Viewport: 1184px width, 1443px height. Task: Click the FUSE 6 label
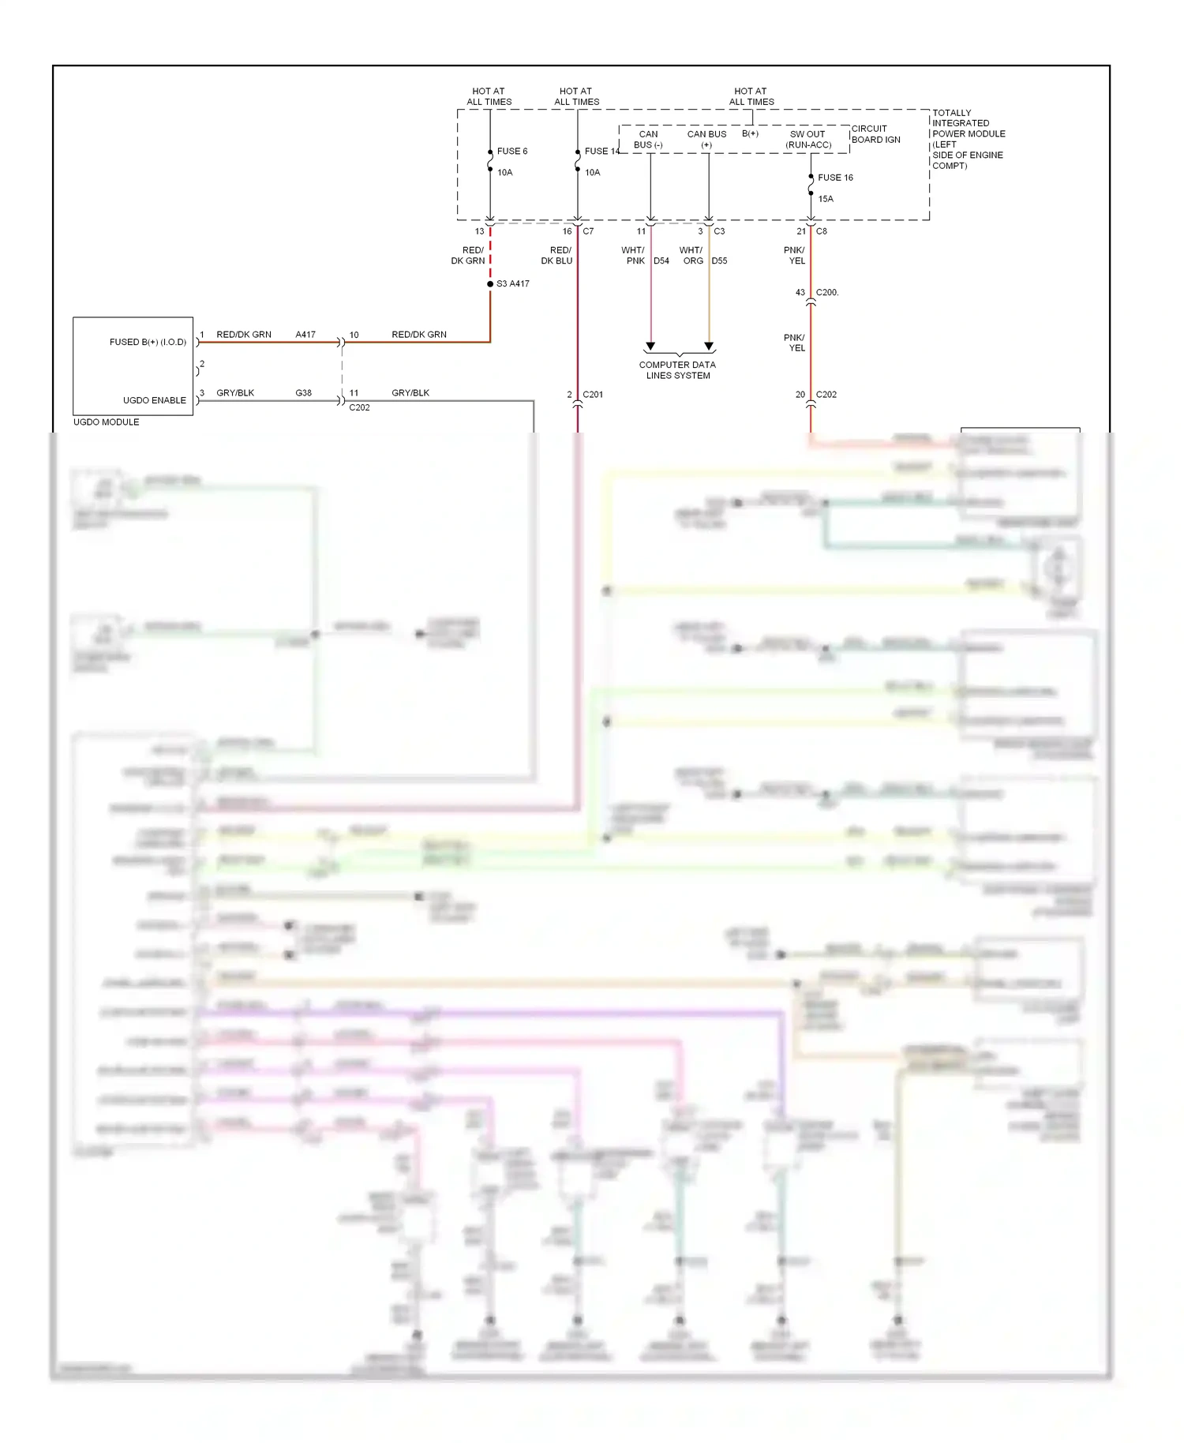tap(511, 151)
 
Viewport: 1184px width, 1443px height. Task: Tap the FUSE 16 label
tap(835, 178)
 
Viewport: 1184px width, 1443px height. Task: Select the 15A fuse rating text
tap(826, 199)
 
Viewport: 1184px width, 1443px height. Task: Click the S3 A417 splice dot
tap(490, 283)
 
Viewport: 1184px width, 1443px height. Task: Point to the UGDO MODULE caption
tap(106, 422)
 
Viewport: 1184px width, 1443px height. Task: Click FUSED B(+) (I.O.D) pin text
tap(148, 342)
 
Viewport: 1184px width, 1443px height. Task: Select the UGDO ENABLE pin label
tap(154, 400)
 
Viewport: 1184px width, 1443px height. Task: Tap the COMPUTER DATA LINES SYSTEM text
tap(677, 370)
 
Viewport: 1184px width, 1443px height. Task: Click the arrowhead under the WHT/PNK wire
tap(650, 347)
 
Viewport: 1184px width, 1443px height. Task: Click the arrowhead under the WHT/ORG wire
tap(709, 347)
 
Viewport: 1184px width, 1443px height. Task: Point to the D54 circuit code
tap(661, 260)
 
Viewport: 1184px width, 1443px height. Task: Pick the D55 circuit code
tap(719, 260)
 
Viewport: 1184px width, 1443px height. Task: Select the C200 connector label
tap(827, 292)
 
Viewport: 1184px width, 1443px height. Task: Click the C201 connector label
tap(593, 395)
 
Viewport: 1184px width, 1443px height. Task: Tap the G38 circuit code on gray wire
tap(303, 392)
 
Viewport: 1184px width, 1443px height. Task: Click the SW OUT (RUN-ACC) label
tap(808, 140)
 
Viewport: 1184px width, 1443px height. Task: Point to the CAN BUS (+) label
tap(706, 140)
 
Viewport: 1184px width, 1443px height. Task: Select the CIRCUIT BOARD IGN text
tap(875, 134)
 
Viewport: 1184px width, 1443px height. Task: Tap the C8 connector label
tap(822, 231)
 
